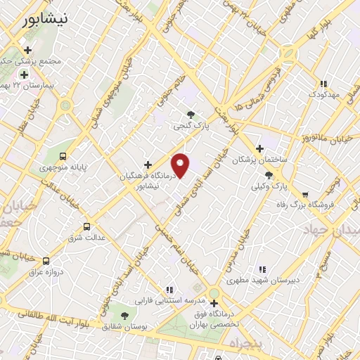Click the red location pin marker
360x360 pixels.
click(181, 165)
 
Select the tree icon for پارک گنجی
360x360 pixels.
click(191, 115)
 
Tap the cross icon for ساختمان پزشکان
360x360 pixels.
click(259, 148)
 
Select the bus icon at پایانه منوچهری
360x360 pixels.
click(63, 156)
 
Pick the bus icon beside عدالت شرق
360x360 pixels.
click(86, 226)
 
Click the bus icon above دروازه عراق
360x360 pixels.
click(46, 260)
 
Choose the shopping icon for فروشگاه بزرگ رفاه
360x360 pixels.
click(304, 195)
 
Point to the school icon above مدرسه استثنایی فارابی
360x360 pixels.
click(169, 289)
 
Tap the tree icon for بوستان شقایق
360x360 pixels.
click(124, 316)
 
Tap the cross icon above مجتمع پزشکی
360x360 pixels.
click(27, 50)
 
